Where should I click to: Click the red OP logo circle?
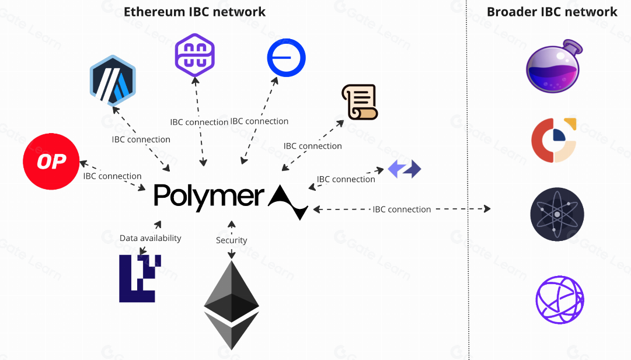click(x=51, y=162)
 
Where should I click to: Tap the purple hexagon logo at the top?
click(x=195, y=55)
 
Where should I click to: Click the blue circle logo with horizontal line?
click(x=286, y=58)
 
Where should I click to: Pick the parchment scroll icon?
click(x=360, y=102)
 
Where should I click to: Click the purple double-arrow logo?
click(x=405, y=170)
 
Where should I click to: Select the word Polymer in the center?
click(x=208, y=196)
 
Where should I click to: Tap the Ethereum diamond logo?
click(x=231, y=305)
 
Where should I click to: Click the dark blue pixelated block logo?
click(x=137, y=278)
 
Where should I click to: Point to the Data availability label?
click(x=150, y=238)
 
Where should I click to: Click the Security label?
click(x=231, y=240)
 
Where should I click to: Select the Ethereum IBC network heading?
click(x=195, y=12)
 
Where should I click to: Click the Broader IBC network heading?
click(x=552, y=12)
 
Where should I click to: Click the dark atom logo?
click(x=557, y=214)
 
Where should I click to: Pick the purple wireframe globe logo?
click(x=559, y=300)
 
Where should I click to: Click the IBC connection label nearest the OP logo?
click(x=112, y=176)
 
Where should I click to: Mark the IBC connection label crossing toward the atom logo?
click(x=402, y=209)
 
